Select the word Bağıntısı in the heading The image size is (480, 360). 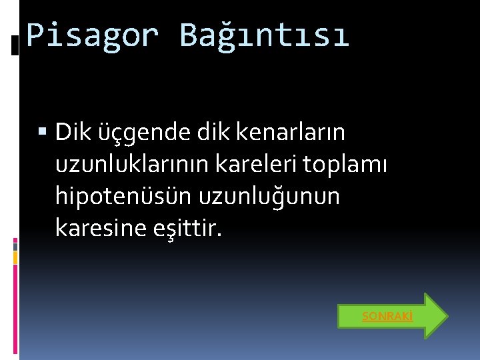[x=264, y=35]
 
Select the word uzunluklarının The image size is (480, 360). [x=129, y=165]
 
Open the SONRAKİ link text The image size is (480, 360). [x=387, y=316]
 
